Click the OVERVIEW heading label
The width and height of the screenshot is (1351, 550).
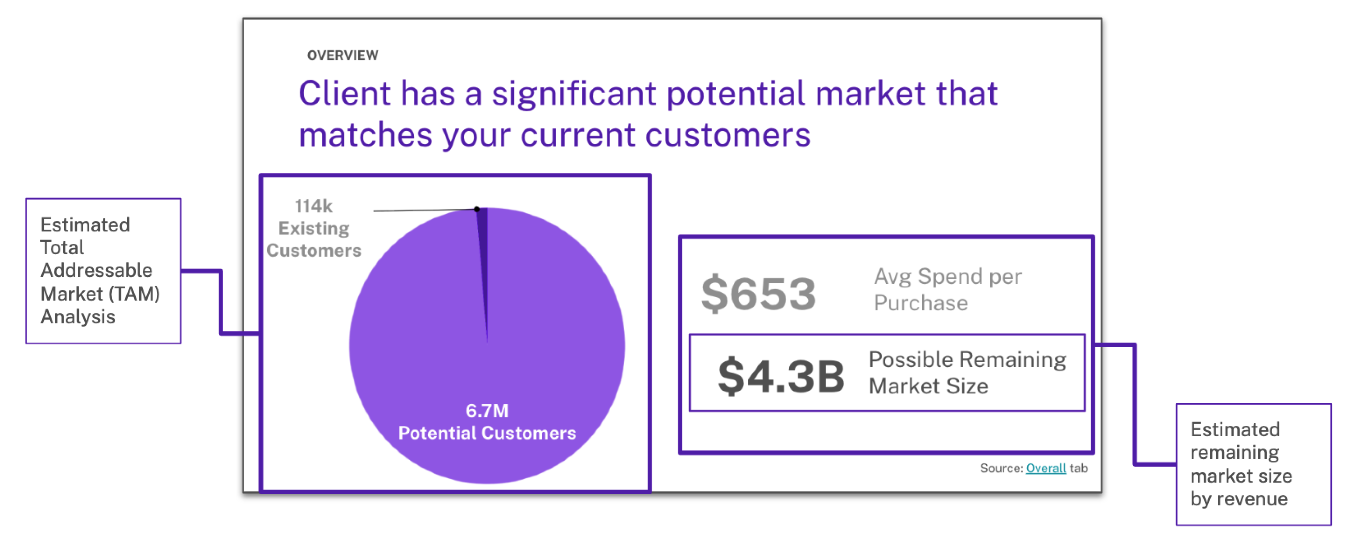pos(342,56)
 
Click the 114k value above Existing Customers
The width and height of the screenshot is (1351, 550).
pos(313,206)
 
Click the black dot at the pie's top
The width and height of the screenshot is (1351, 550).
pos(477,209)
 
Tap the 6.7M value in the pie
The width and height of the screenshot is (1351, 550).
pos(487,410)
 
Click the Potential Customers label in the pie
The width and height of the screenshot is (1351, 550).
pos(487,433)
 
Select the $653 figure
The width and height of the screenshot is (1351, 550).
pos(758,294)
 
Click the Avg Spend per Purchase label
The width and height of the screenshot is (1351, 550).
pos(947,289)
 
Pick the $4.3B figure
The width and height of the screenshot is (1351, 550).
pos(781,375)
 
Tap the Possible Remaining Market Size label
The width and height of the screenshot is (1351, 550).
pos(967,372)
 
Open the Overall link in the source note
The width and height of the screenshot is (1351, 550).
pos(1046,468)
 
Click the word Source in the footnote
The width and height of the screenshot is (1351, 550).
pos(1001,468)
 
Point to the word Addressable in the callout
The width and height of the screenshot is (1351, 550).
pos(96,270)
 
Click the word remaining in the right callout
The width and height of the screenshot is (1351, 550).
pos(1235,452)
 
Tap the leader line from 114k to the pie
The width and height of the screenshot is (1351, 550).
pos(425,210)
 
